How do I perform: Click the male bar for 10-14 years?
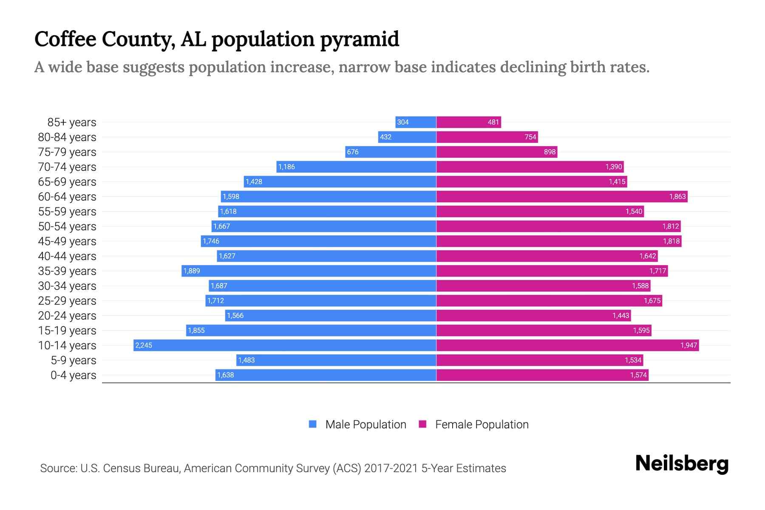[x=285, y=345]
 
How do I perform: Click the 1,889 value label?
[x=192, y=271]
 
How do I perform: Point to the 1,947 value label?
[x=688, y=345]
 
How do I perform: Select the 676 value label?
[x=352, y=152]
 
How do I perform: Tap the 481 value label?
[x=493, y=122]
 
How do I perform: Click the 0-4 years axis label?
[x=73, y=375]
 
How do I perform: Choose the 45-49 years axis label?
[x=67, y=241]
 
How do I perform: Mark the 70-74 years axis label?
[x=67, y=167]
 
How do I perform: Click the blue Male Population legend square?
[x=313, y=424]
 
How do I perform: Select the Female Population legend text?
[x=482, y=424]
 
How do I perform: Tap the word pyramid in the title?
[x=360, y=39]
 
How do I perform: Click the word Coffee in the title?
[x=65, y=39]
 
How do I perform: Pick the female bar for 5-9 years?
[x=540, y=360]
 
